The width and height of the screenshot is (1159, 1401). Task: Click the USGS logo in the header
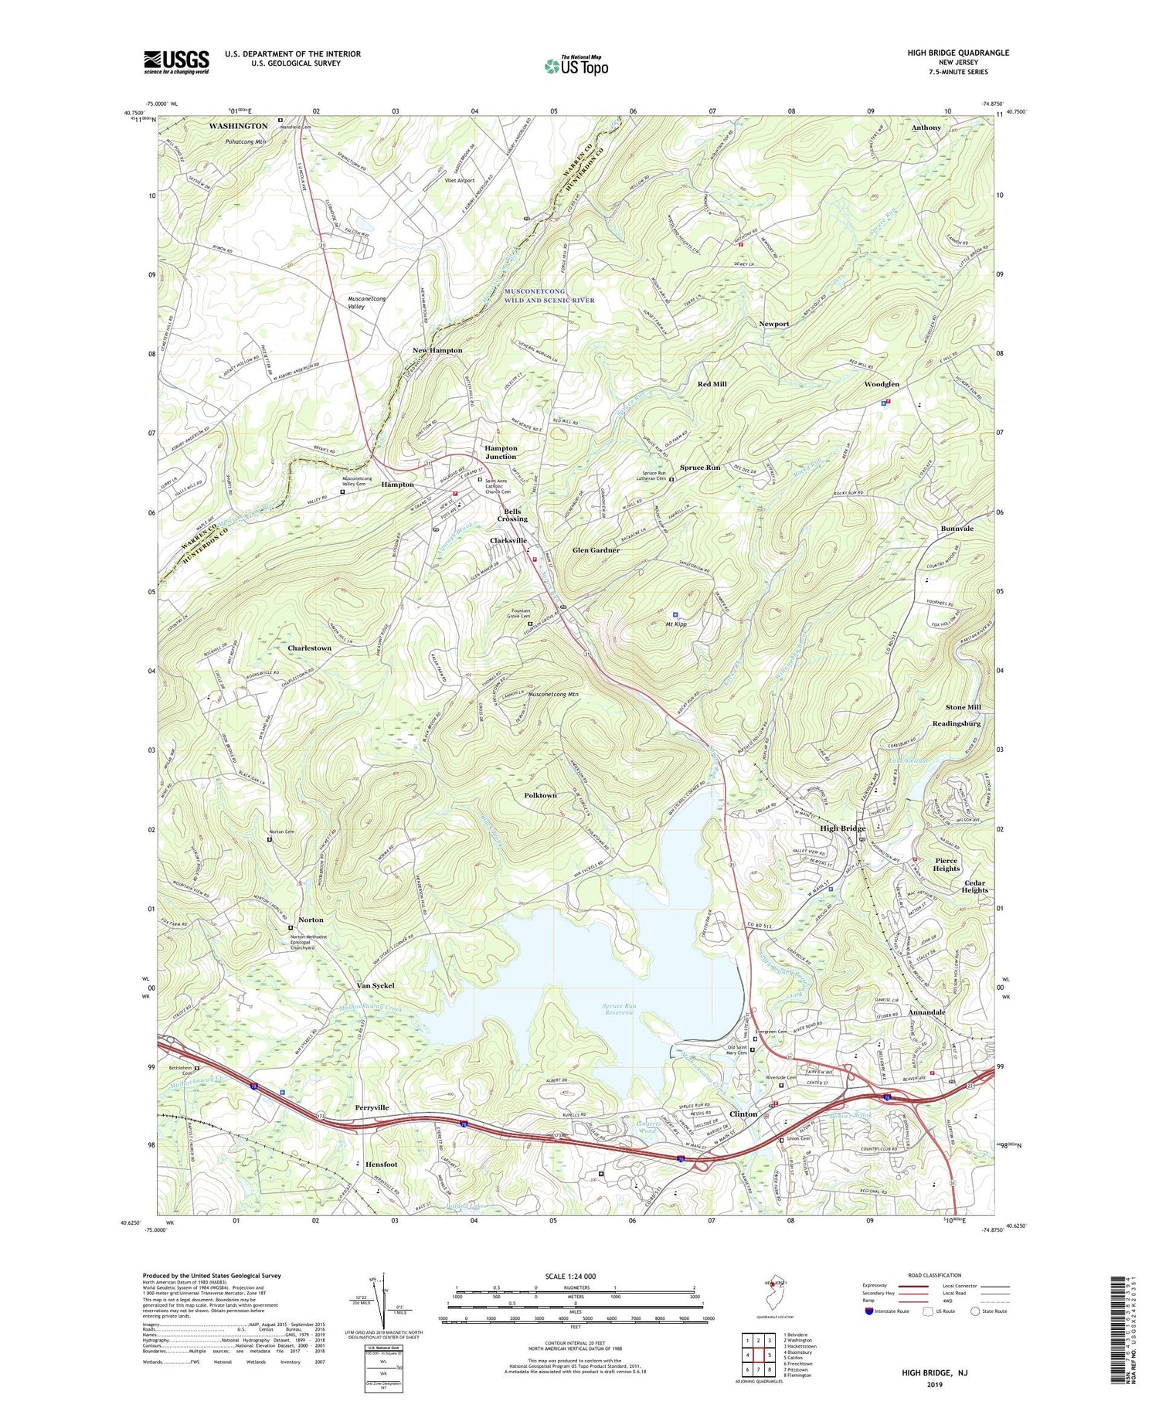click(176, 62)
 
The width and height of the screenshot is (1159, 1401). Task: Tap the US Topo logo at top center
click(576, 66)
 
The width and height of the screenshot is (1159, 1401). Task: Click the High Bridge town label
click(842, 828)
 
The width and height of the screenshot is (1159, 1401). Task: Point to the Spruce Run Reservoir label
click(620, 1009)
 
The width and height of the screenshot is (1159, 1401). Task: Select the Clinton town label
click(743, 1114)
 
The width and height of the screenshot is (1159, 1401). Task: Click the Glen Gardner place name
click(596, 550)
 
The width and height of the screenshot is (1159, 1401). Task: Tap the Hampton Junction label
click(501, 452)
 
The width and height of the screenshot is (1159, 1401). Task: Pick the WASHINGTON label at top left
click(238, 125)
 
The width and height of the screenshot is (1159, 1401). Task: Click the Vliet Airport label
click(460, 181)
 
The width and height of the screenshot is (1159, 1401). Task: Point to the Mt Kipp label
click(676, 624)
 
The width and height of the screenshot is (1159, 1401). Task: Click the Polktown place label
click(540, 795)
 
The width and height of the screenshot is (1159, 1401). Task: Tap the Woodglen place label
click(882, 384)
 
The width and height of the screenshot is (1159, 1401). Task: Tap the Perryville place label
click(372, 1107)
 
